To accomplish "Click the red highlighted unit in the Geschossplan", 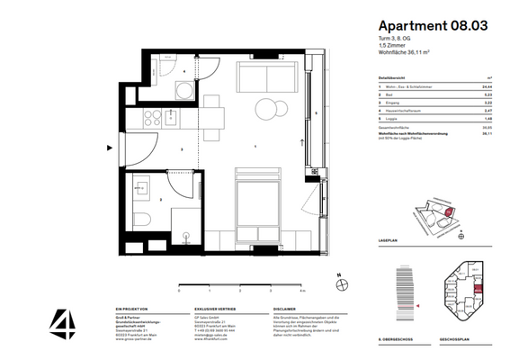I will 478,290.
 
